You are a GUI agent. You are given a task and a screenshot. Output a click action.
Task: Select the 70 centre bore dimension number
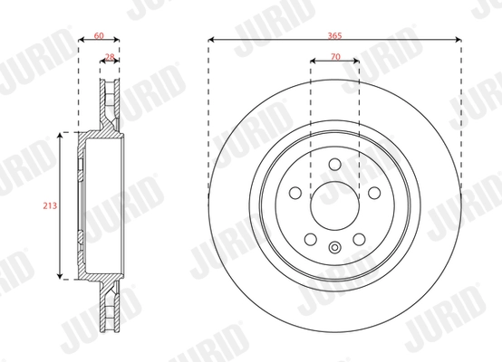coord(335,56)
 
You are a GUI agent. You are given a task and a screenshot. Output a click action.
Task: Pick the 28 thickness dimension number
coord(111,56)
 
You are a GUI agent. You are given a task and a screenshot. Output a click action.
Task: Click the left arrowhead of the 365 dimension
coord(211,41)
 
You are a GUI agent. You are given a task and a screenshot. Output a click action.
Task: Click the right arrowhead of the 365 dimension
coord(460,41)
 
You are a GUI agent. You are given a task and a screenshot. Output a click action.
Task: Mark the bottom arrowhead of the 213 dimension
coord(62,275)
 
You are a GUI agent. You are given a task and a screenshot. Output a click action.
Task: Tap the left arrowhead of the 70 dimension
coord(314,62)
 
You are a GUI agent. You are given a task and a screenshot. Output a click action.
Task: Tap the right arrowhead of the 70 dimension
coord(356,62)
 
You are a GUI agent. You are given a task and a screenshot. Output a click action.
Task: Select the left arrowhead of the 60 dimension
coord(81,41)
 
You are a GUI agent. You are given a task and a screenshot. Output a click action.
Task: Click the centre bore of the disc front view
coord(334,205)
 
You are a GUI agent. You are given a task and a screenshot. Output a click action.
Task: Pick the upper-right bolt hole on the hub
coord(373,192)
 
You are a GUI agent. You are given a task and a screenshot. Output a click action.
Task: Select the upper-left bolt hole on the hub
coord(295,192)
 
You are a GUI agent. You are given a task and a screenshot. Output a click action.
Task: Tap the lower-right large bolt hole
coord(359,239)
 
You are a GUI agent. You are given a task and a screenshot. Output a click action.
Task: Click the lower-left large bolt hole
coord(311,239)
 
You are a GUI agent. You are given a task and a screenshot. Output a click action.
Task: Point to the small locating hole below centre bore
coord(334,249)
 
